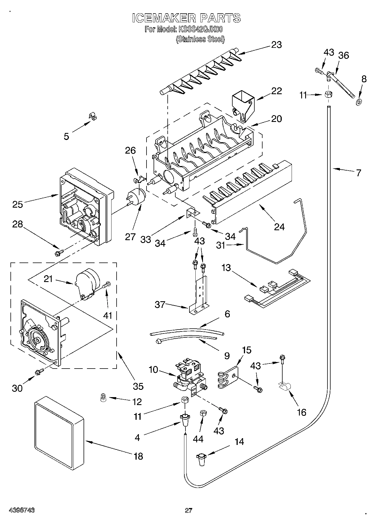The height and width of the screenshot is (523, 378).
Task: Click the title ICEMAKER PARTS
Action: (186, 18)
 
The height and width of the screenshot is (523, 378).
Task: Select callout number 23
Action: (276, 45)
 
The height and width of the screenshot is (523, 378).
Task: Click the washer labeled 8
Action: (359, 102)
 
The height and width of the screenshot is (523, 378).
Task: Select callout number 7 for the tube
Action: (359, 173)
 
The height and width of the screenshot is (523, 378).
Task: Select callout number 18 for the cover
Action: (138, 456)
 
